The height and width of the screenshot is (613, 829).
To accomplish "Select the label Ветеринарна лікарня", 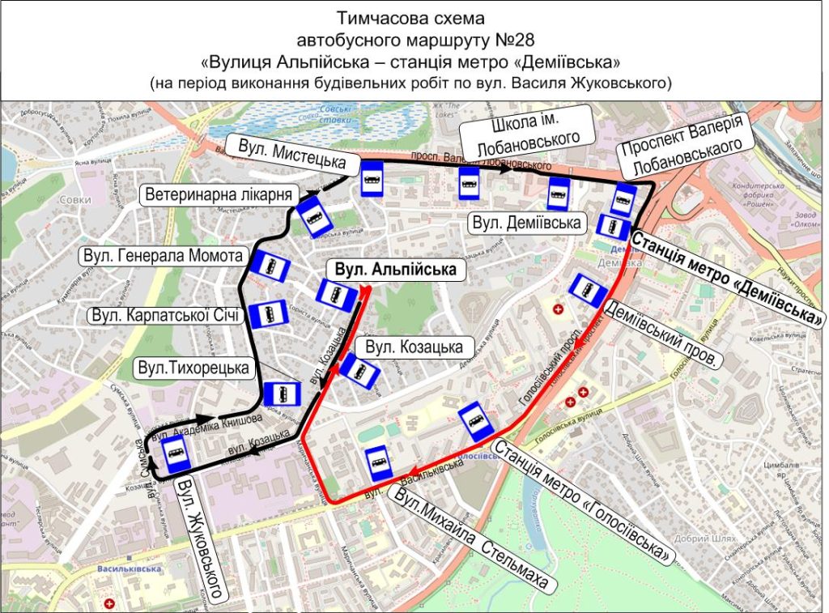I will pos(219,194).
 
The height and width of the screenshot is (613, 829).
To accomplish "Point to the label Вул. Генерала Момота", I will pos(163,257).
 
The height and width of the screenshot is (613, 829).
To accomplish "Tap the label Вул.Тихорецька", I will pos(192,368).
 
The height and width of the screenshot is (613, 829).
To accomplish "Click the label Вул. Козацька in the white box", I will pos(414,347).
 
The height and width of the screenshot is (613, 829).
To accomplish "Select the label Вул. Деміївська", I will pos(527,222).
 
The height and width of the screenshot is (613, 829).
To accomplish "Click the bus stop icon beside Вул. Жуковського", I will pos(176,457).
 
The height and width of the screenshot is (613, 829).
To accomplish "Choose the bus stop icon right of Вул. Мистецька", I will pos(372,179).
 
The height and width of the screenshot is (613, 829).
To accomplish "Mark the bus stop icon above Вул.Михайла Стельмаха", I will pos(378,462).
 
